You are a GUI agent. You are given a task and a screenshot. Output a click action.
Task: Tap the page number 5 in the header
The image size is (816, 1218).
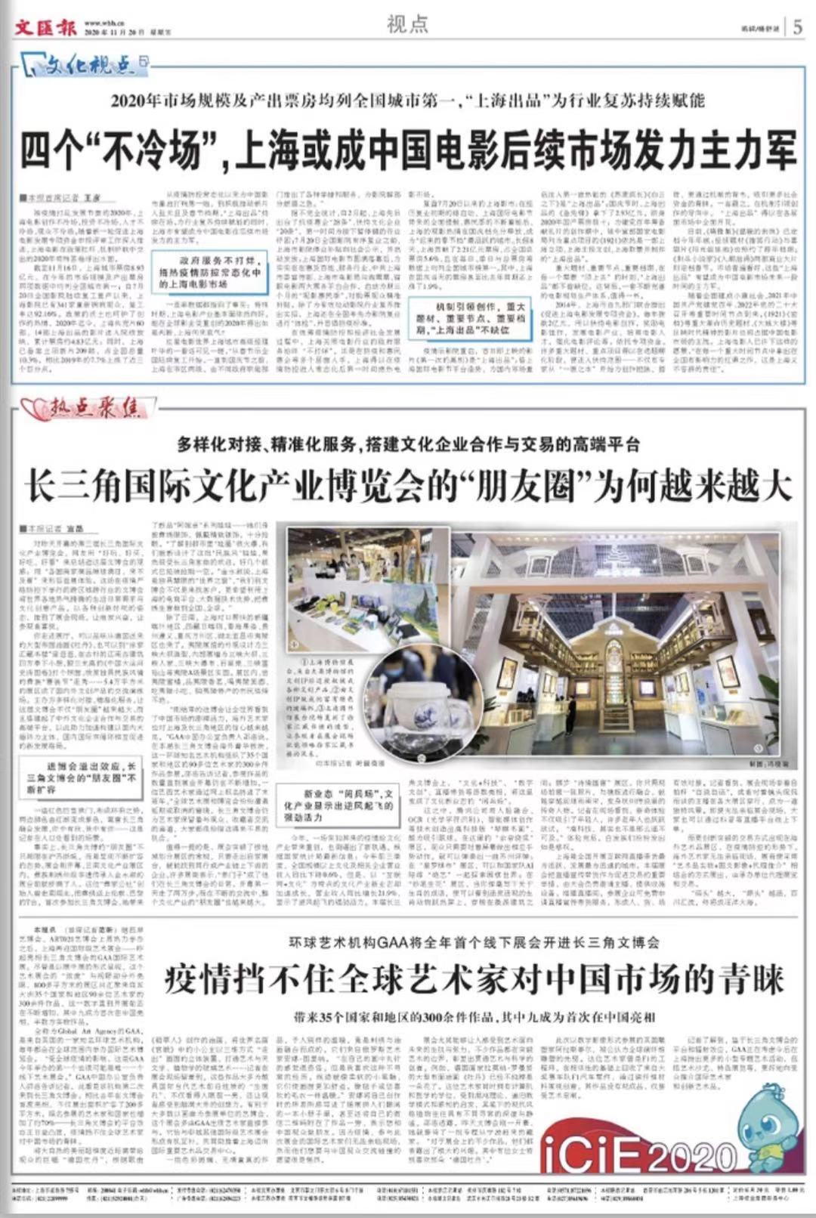click(797, 28)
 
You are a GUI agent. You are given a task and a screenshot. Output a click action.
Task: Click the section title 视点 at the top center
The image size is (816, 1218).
click(407, 25)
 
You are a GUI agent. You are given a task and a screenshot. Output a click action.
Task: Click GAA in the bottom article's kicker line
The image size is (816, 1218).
click(395, 942)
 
